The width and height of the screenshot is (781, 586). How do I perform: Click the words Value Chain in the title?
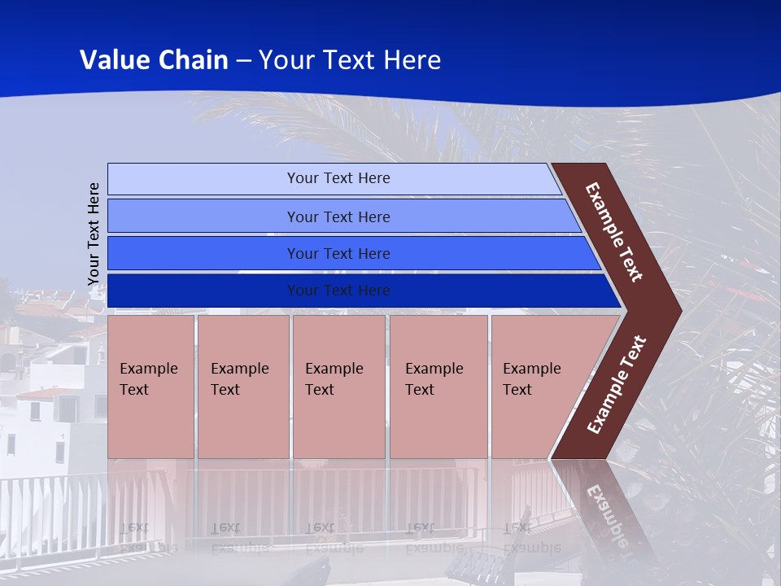(154, 60)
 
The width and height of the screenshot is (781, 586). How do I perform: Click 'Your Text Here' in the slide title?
(350, 60)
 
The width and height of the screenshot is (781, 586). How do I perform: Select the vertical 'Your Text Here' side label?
(94, 234)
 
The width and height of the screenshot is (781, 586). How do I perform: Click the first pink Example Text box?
(151, 387)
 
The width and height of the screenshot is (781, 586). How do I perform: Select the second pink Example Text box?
(242, 387)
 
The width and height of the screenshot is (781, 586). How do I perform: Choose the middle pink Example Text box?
(338, 387)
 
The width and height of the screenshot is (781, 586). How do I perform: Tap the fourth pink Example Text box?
(438, 387)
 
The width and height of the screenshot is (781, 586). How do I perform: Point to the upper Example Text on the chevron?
(614, 232)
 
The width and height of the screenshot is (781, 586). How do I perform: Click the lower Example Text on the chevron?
(617, 384)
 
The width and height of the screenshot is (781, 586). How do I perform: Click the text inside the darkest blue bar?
(338, 291)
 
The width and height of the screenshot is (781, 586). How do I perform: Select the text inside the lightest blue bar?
(338, 178)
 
